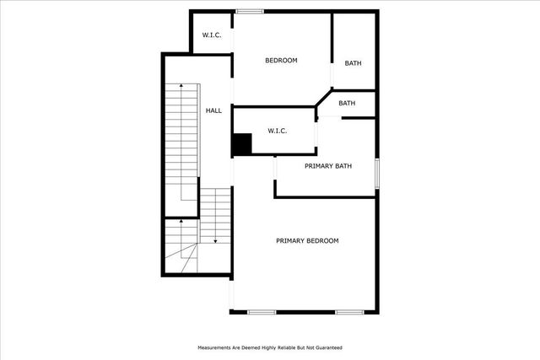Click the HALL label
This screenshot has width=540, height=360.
tap(214, 110)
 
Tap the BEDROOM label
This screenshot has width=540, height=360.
tap(281, 60)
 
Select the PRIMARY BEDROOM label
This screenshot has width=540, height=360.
tap(307, 240)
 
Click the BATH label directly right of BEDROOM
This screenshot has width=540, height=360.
tap(354, 62)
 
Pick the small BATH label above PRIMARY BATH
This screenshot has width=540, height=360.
tap(347, 103)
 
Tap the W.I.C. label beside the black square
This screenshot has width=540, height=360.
tap(278, 131)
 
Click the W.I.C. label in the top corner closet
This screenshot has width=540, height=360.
tap(211, 35)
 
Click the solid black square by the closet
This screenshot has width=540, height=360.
tap(242, 144)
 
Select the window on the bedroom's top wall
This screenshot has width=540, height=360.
tap(248, 11)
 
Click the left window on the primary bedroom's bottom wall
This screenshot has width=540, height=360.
tap(262, 313)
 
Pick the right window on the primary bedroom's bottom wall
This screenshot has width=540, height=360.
tap(349, 313)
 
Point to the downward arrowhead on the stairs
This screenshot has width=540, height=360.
tap(215, 241)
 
